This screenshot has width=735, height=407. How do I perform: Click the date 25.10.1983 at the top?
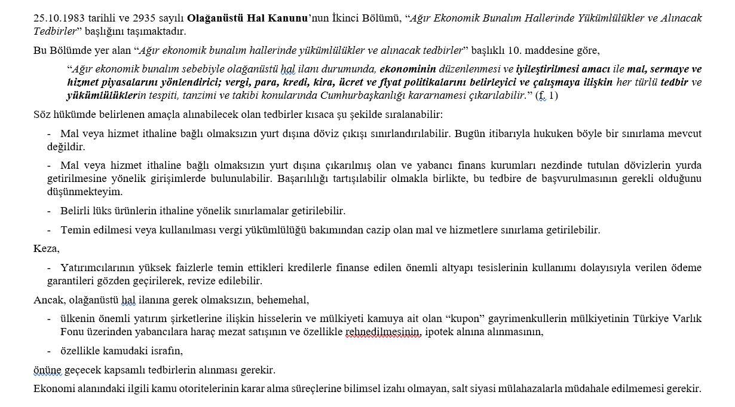pos(57,18)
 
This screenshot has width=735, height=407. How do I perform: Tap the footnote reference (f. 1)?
pos(546,96)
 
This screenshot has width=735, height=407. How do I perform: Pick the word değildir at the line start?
pos(66,147)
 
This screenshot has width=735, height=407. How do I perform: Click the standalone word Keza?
pos(46,248)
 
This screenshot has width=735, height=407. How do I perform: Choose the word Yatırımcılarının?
pos(96,268)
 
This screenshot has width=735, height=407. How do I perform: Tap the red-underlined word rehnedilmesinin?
pos(383,332)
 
